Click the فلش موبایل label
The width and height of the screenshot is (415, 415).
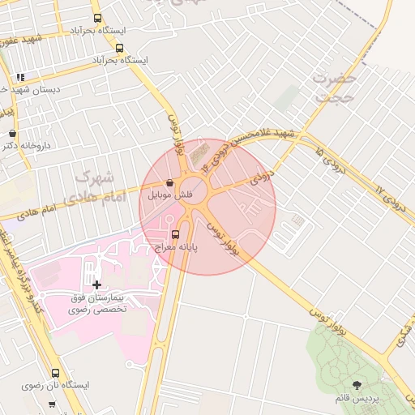coord(171,196)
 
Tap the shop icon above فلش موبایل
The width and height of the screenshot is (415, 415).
coord(169,183)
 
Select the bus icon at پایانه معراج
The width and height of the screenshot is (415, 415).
coord(177,235)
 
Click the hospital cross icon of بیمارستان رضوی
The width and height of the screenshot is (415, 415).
coord(97,284)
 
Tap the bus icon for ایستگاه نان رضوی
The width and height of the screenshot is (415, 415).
coord(55,374)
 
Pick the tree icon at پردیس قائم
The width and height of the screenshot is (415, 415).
coord(357,385)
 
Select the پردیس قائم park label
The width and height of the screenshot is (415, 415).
coord(356,399)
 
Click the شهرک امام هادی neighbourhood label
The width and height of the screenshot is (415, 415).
coord(95,186)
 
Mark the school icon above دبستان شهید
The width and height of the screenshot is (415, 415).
coord(20,77)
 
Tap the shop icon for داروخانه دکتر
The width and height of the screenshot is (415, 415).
coord(12,134)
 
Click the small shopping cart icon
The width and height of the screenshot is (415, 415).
coord(52,404)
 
